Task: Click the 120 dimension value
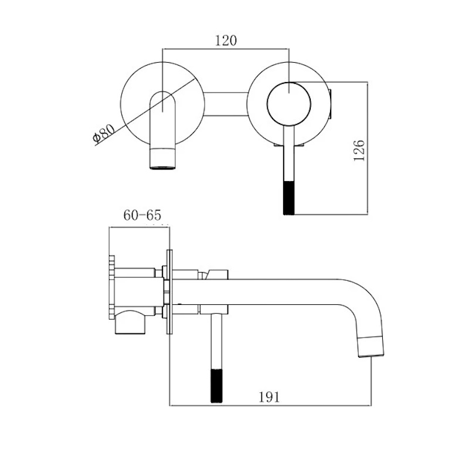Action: pos(226,40)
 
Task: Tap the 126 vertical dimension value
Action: pos(359,150)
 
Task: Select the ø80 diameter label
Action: pos(104,134)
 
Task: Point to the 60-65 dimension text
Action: pos(142,215)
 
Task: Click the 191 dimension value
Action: pos(269,397)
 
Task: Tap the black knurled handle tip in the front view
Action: pos(288,198)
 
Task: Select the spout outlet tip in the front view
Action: pos(163,159)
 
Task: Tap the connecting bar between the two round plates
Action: pos(226,104)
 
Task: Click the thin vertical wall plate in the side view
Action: pos(169,291)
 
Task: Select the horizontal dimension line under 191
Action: pos(270,406)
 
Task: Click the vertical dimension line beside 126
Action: pos(368,148)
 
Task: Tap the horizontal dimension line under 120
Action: pos(226,48)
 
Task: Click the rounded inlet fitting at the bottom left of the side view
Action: pos(130,322)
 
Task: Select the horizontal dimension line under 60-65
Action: pos(140,227)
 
